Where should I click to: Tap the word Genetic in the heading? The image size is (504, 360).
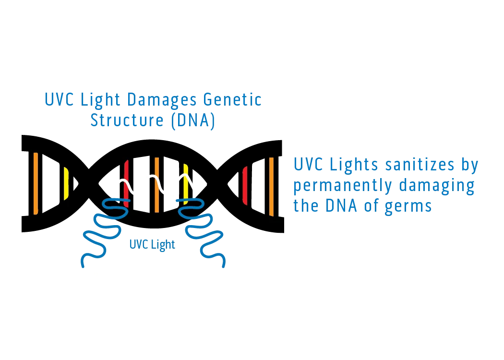point(232,100)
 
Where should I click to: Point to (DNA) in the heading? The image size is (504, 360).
point(192,120)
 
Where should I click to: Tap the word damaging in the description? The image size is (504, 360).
point(437,185)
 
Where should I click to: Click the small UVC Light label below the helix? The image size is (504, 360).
point(152,244)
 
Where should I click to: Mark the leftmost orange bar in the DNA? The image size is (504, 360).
point(36,183)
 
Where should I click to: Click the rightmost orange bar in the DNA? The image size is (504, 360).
point(271,186)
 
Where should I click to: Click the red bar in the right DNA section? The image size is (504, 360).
point(245,185)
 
